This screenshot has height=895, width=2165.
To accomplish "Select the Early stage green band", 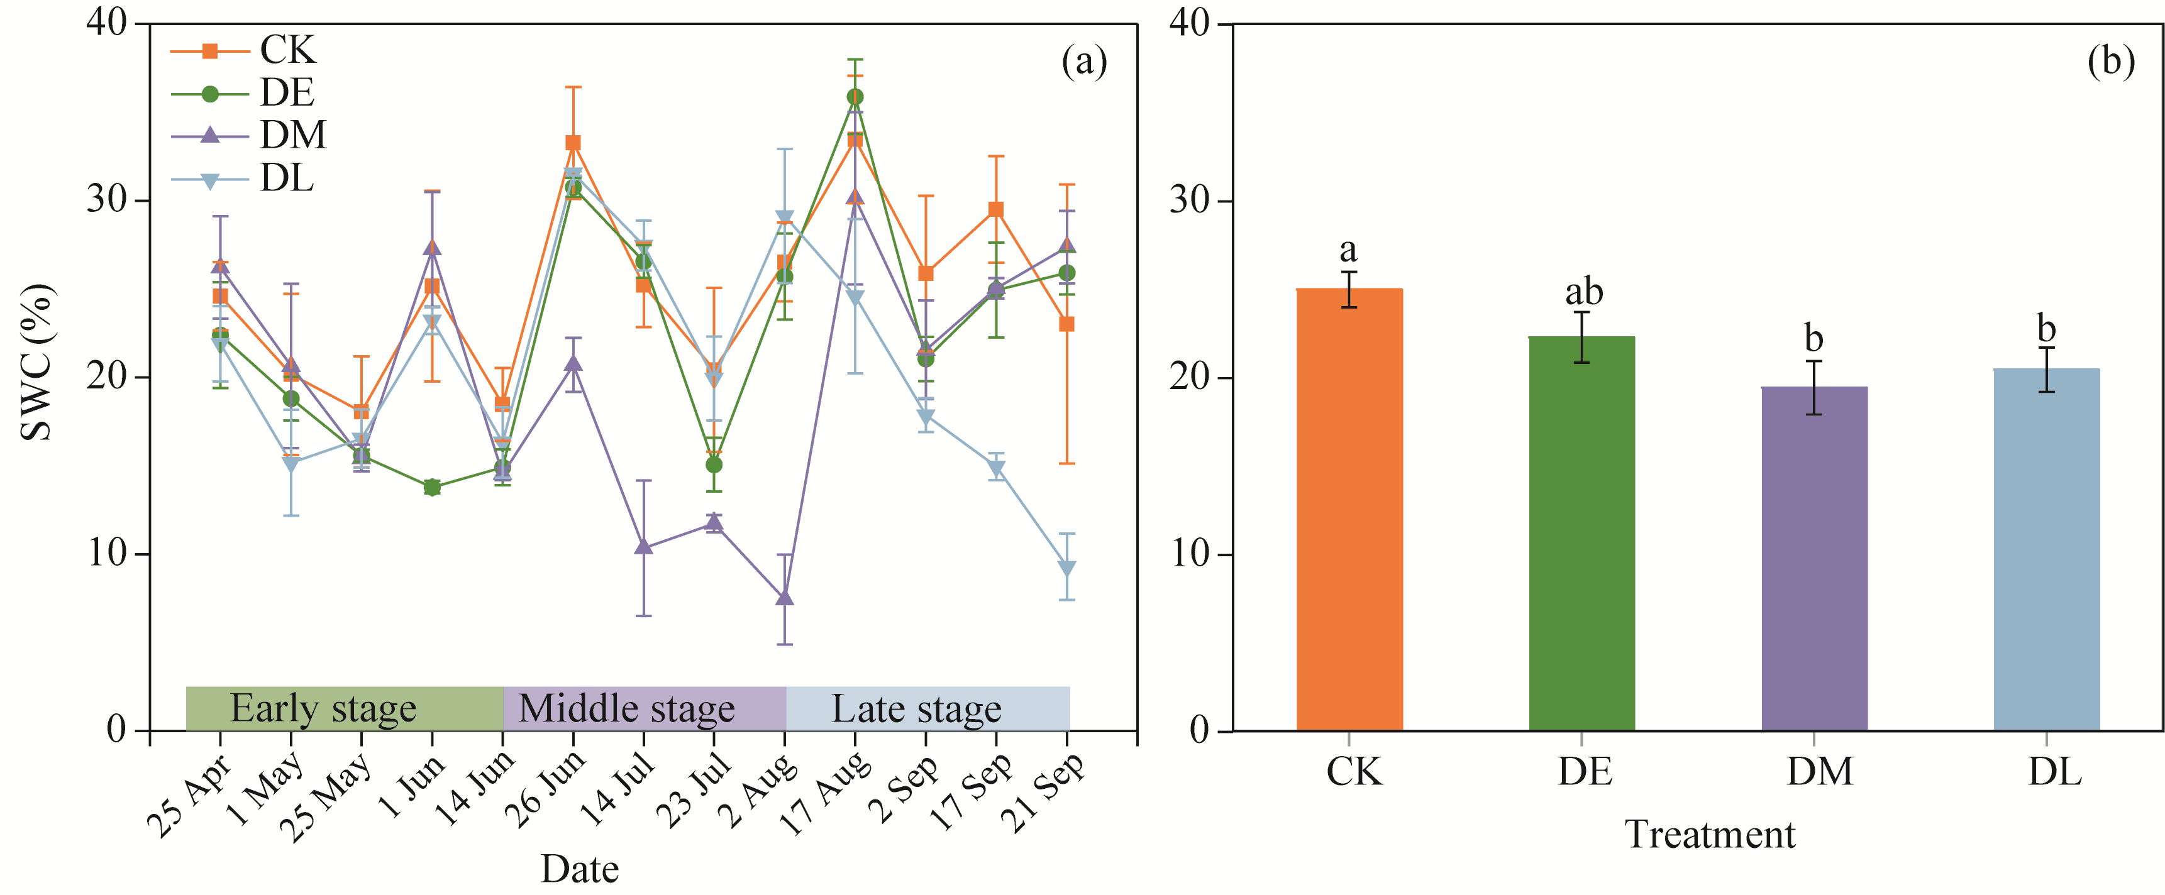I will pos(345,708).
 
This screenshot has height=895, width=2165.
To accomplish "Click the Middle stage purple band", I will pos(645,708).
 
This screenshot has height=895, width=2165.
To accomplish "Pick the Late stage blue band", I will pos(928,708).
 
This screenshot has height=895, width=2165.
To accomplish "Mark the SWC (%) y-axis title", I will pos(37,362).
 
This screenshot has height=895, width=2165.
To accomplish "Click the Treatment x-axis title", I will pos(1710,835).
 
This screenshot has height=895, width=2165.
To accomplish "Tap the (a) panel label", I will pos(1084,62).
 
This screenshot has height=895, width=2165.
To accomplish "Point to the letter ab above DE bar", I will pos(1583,292).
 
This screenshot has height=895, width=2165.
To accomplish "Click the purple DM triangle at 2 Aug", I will pos(785,598).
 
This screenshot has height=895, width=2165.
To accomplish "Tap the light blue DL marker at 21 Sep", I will pos(1066,569).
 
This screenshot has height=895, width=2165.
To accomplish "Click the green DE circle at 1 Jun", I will pos(432,488).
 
